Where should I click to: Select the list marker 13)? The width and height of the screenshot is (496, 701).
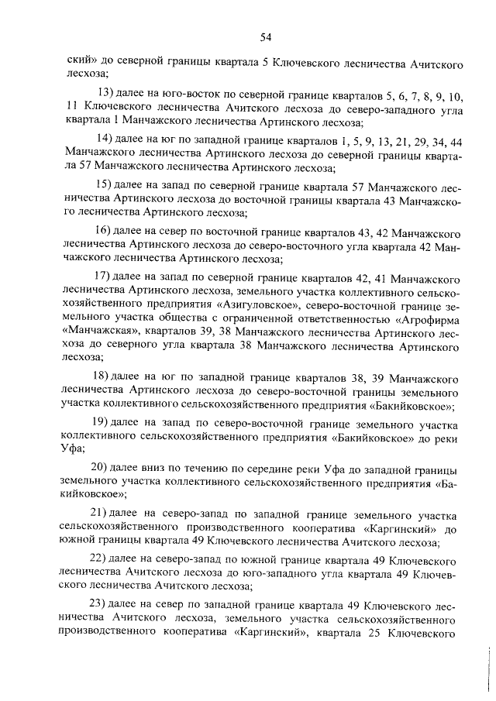pyautogui.click(x=102, y=96)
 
